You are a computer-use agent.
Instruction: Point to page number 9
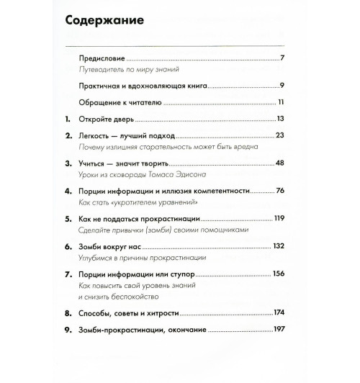[284, 85]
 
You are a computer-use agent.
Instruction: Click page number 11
[282, 102]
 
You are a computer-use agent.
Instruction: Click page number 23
[281, 135]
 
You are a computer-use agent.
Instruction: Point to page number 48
[281, 164]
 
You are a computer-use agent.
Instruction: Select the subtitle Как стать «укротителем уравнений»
[137, 206]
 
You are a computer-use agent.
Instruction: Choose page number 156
[279, 275]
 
